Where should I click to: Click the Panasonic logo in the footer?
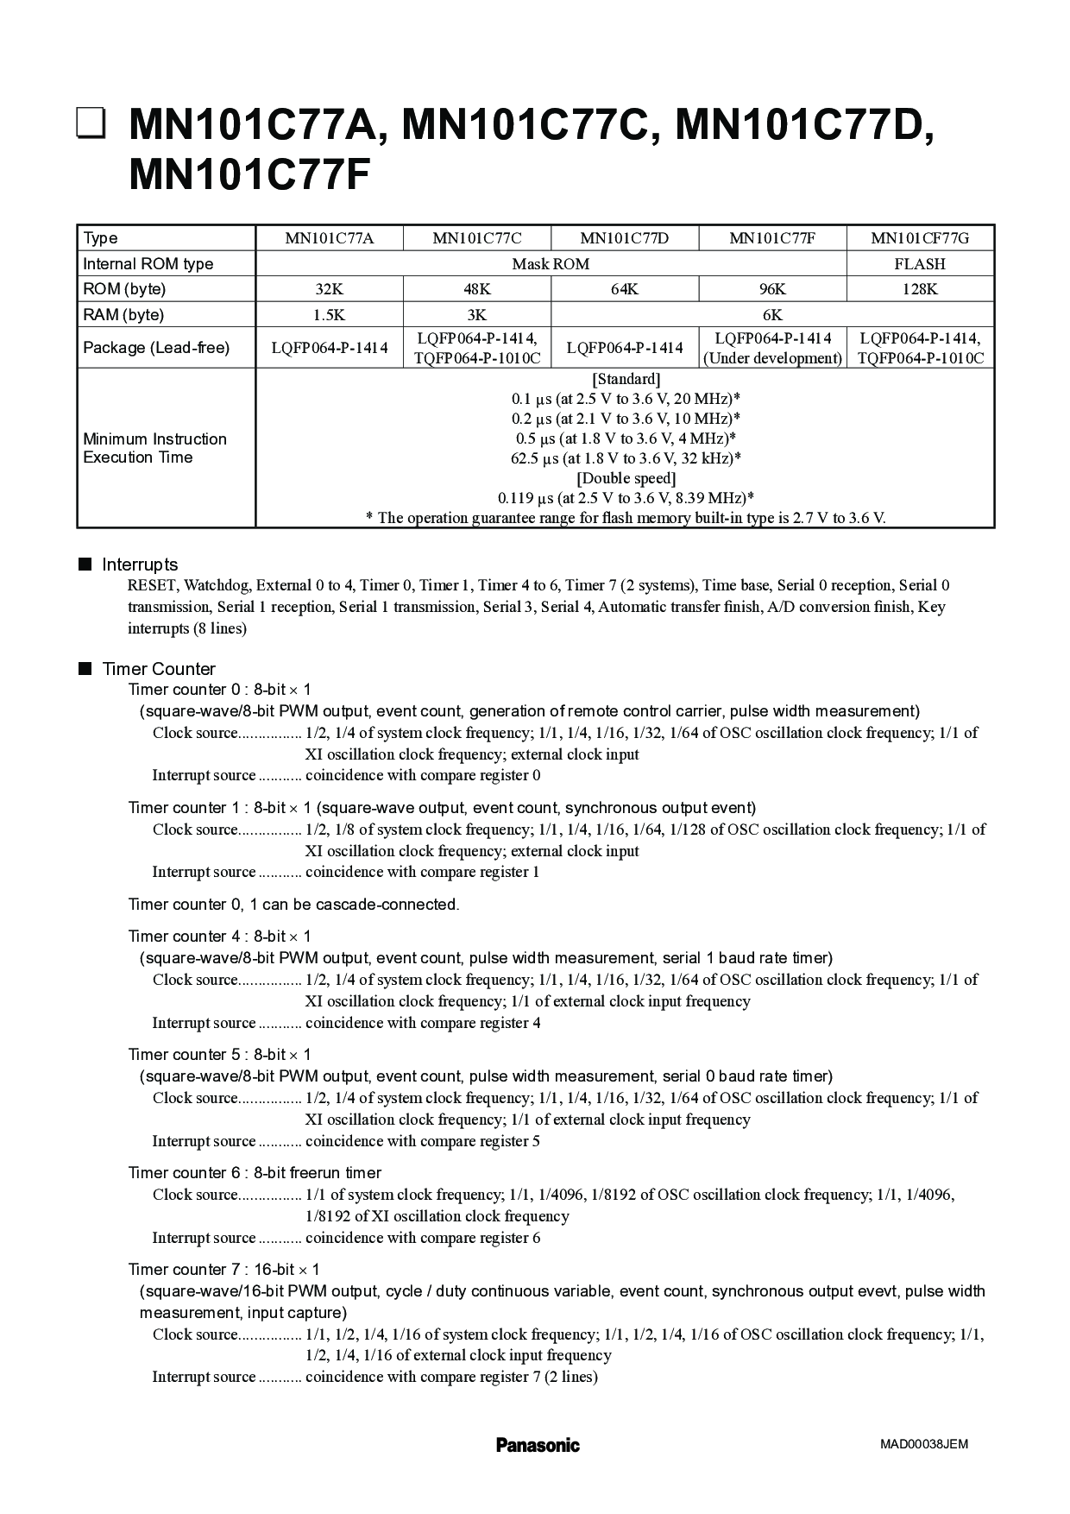click(x=538, y=1445)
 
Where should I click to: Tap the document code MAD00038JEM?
click(x=924, y=1444)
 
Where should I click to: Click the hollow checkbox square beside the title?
click(x=91, y=123)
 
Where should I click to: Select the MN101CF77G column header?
click(x=920, y=238)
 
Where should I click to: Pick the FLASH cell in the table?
click(x=920, y=264)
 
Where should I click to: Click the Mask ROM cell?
click(x=551, y=264)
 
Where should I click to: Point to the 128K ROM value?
click(x=920, y=289)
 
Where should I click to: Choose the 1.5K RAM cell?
click(x=329, y=315)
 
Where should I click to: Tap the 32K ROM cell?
click(x=329, y=289)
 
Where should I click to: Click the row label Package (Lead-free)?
click(x=156, y=348)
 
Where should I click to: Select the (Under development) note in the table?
click(x=772, y=358)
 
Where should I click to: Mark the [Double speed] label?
click(x=626, y=478)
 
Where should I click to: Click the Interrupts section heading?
click(x=140, y=565)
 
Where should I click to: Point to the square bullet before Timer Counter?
click(x=85, y=668)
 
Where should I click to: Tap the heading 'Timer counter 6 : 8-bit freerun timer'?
click(x=255, y=1172)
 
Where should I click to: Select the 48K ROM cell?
click(x=476, y=289)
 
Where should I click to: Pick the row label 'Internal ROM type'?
click(x=148, y=264)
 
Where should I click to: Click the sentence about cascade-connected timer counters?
click(x=293, y=904)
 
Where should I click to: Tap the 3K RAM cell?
click(x=476, y=315)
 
